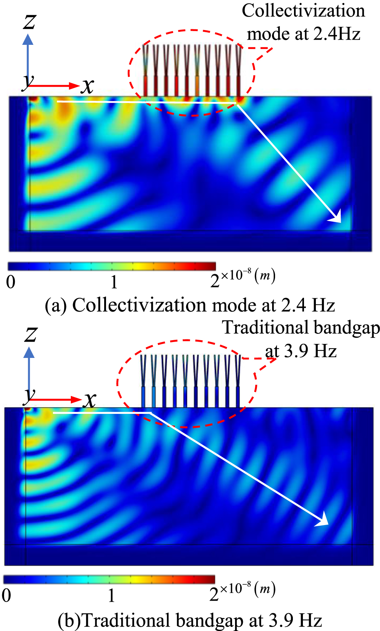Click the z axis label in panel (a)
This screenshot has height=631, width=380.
pos(30,21)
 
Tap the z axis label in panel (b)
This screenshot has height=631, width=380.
pos(30,334)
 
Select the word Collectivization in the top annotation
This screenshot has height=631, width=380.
pos(303,11)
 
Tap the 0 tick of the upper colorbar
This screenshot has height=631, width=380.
pos(11,282)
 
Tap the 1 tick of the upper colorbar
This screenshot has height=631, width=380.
pos(114,282)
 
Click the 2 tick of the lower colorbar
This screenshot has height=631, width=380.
pos(214,595)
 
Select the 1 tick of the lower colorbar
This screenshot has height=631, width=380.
pos(111,595)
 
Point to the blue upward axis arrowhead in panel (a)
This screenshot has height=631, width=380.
pos(28,39)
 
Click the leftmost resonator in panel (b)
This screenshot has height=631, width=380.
pos(143,382)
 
